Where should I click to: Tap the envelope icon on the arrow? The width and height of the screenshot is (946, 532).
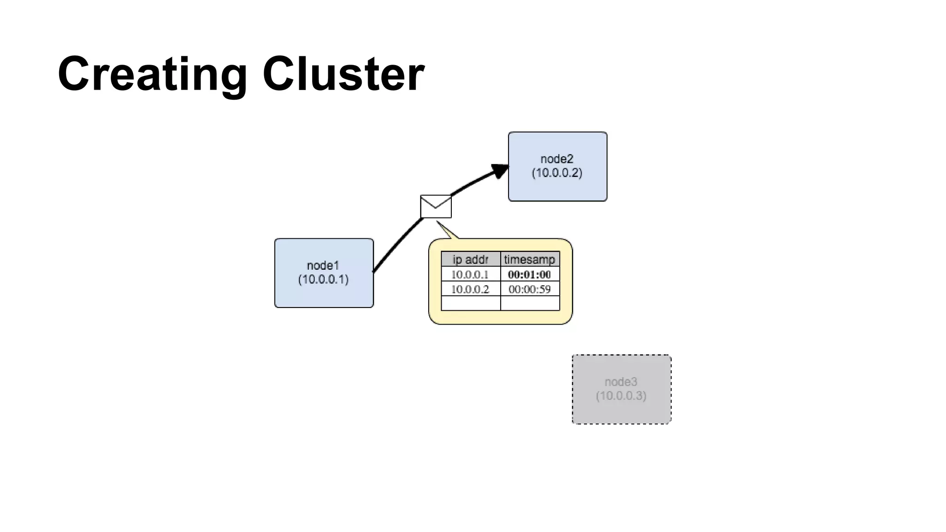[436, 206]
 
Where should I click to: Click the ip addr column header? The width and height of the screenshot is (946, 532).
[470, 259]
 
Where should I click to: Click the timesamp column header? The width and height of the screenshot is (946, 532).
[529, 259]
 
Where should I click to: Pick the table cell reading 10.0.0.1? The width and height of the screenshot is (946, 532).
[470, 274]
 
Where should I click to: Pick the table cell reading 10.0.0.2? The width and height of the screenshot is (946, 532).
[470, 289]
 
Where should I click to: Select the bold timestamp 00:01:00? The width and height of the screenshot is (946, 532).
[529, 274]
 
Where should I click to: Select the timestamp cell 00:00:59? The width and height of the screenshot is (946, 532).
[529, 289]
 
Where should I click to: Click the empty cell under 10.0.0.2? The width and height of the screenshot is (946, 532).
[470, 303]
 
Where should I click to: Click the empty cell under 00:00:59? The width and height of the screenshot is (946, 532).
[529, 303]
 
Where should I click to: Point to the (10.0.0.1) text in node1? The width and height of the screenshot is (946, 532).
[323, 279]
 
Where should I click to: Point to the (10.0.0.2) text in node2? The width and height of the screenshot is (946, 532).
[557, 173]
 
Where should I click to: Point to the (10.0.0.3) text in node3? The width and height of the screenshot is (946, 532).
[621, 396]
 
